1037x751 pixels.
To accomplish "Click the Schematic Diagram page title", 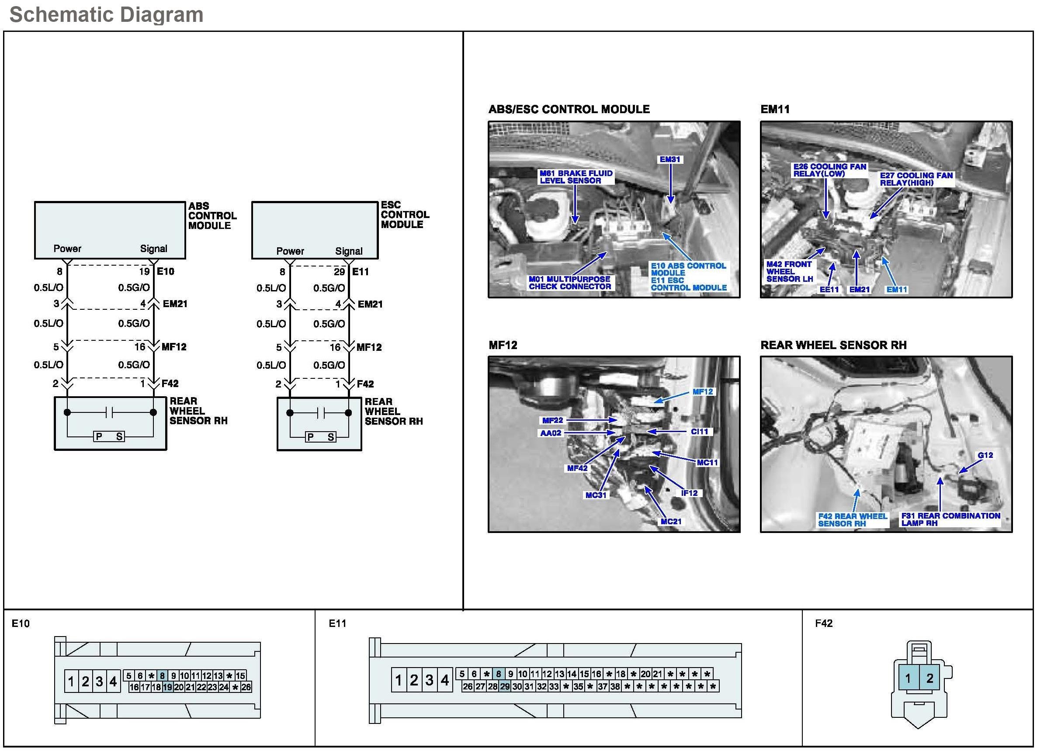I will point(106,14).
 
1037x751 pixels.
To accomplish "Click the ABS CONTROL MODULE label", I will point(212,216).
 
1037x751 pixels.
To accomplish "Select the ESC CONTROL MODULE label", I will point(405,215).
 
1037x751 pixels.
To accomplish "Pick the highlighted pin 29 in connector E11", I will point(504,686).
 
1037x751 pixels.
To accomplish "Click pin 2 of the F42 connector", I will point(929,678).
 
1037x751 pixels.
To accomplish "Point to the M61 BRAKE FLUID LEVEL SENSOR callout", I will point(576,177).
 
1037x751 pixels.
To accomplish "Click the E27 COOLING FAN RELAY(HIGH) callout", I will point(916,179).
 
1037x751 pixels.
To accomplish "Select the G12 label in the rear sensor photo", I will point(985,455).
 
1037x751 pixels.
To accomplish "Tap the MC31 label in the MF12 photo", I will point(596,495).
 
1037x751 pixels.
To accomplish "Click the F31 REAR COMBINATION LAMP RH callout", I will point(950,519).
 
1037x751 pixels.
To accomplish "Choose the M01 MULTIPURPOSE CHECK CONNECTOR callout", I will point(569,283).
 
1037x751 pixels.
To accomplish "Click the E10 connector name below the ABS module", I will point(166,271).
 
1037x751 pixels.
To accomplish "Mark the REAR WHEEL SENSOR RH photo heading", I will point(833,345).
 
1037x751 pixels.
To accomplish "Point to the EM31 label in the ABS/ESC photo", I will point(669,159).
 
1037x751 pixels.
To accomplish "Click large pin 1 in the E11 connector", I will point(398,681).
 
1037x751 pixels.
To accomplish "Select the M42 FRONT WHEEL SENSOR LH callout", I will point(789,271).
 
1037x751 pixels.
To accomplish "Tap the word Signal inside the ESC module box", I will point(348,251).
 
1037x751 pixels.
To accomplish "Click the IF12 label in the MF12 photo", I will point(689,493).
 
